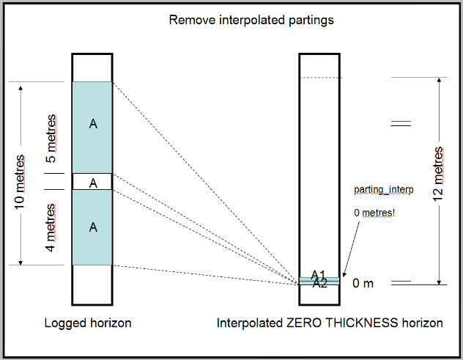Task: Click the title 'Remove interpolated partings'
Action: click(251, 20)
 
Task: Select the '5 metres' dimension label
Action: click(51, 139)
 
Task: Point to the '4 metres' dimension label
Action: click(51, 226)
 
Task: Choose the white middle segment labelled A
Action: click(92, 183)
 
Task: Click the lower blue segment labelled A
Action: click(92, 227)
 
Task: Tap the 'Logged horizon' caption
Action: click(87, 323)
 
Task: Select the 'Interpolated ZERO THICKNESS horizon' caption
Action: click(330, 323)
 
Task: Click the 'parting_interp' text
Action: click(384, 190)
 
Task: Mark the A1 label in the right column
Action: click(318, 275)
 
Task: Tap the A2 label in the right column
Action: click(319, 284)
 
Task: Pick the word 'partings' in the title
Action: click(312, 20)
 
